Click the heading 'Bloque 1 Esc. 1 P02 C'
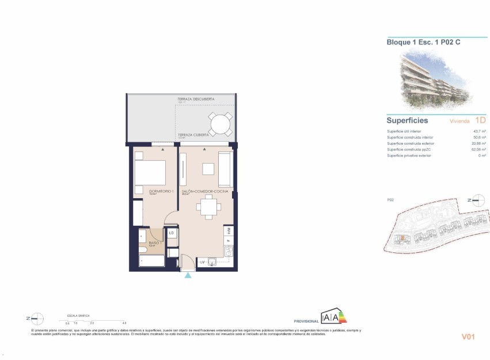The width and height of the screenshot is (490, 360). [423, 42]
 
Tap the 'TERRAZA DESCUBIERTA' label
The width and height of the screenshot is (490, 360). [196, 100]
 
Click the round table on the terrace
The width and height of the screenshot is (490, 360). [220, 124]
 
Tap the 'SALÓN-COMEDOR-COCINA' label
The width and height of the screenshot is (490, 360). [204, 191]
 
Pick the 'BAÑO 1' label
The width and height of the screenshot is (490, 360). [154, 243]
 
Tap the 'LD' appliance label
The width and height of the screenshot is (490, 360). [171, 233]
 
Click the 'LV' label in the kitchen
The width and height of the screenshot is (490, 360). [202, 263]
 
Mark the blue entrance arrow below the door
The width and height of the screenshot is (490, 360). [188, 276]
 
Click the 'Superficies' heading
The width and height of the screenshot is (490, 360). [407, 120]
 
